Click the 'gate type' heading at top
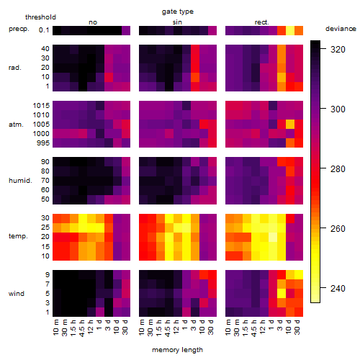point(178,12)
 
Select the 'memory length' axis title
point(177,350)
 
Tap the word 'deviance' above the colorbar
point(341,29)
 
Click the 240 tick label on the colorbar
point(338,288)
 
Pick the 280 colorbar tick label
point(338,168)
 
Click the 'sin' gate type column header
point(177,22)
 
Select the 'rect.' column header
point(261,22)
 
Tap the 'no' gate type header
point(93,22)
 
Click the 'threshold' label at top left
point(40,17)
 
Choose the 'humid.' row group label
point(20,180)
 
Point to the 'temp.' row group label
point(18,236)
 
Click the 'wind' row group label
point(17,293)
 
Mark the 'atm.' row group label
point(16,125)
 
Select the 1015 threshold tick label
point(41,105)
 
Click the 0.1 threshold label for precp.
point(44,30)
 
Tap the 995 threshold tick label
point(43,143)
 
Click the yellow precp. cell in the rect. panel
point(290,30)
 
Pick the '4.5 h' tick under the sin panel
point(168,328)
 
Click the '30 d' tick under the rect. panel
point(297,327)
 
